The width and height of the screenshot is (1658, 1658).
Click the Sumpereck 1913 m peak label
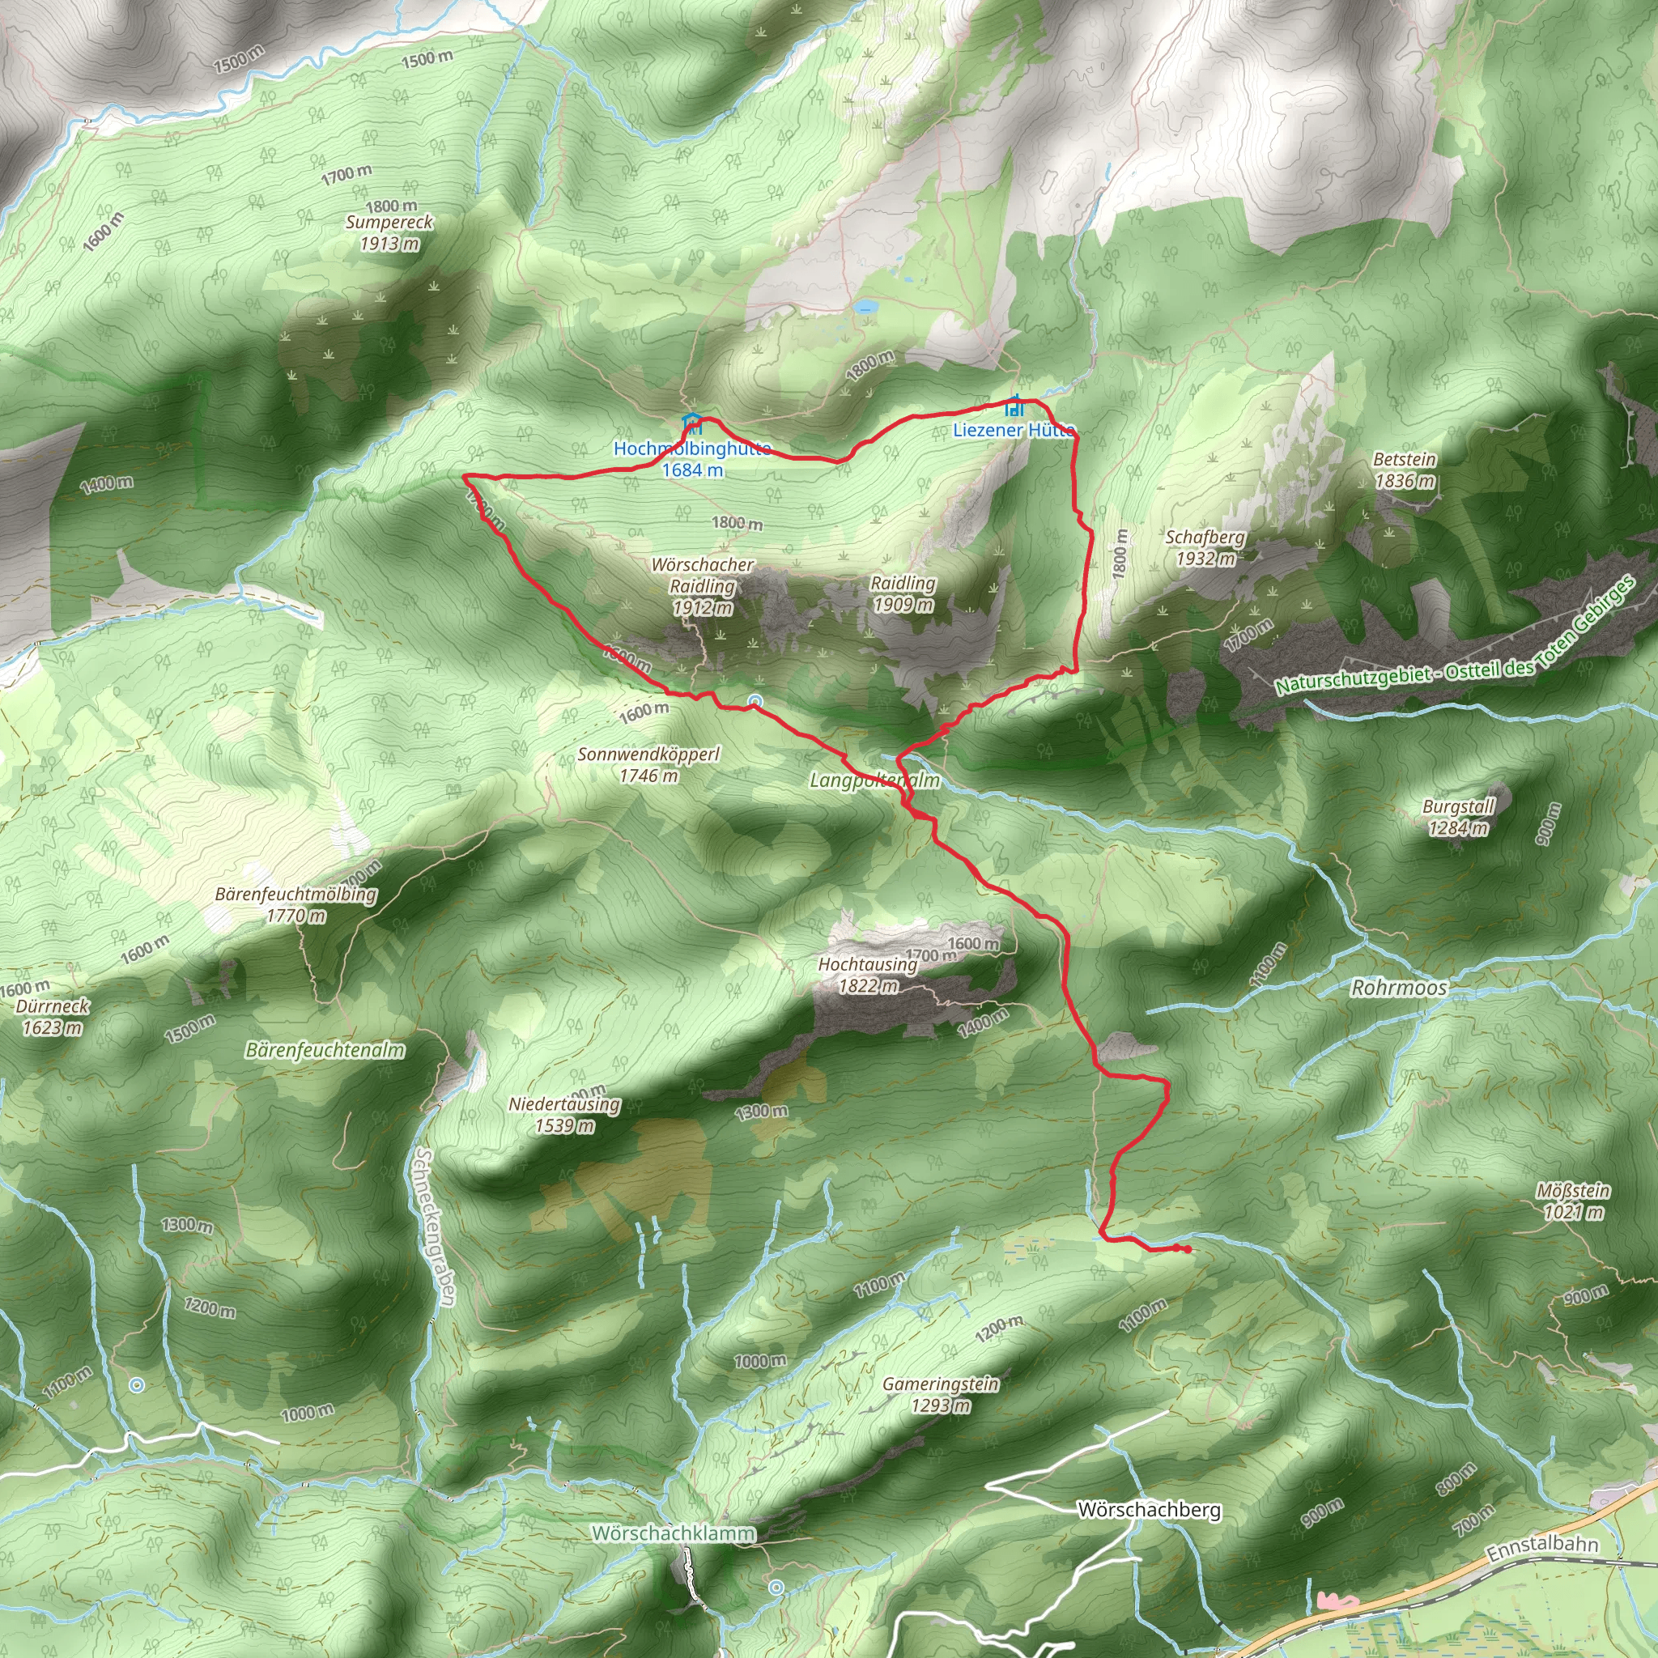(389, 232)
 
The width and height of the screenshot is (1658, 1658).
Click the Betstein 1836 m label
(1404, 470)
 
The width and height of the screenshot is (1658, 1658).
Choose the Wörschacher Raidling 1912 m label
(702, 586)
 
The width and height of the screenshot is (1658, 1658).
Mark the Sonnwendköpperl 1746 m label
(648, 763)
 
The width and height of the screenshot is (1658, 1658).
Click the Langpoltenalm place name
(874, 780)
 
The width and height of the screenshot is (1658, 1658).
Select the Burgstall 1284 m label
(1458, 817)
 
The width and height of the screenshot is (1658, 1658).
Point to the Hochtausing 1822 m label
(868, 974)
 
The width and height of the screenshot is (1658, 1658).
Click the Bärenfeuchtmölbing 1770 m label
(295, 904)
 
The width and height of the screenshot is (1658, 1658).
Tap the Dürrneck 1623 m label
(53, 1016)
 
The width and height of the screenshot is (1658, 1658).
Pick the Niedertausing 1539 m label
(563, 1114)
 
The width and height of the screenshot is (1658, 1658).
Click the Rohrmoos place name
(1399, 988)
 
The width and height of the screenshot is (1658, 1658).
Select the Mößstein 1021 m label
(1573, 1201)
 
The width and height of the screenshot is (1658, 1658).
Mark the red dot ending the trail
(1186, 1249)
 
